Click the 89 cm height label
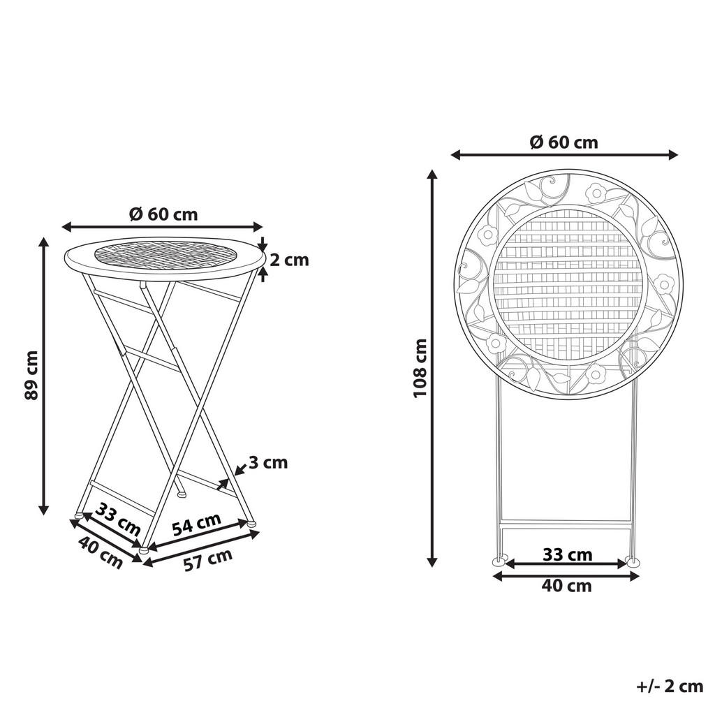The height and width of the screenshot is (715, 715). (30, 375)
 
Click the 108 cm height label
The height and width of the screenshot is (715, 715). (420, 368)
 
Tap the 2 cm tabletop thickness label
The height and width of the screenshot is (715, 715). (289, 260)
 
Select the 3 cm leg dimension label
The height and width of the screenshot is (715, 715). (268, 462)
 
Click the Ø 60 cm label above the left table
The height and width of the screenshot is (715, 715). (163, 214)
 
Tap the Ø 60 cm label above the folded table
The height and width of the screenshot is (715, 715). (563, 142)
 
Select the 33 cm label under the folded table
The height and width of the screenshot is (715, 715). (567, 555)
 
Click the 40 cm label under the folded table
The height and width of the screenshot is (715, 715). (566, 586)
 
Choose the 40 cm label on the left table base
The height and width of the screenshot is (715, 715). (101, 550)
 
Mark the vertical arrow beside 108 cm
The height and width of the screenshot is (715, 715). (433, 368)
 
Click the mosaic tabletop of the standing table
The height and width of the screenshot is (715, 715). (163, 256)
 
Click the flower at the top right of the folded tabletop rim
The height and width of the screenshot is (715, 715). (596, 192)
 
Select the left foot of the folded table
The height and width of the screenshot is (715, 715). (499, 561)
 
